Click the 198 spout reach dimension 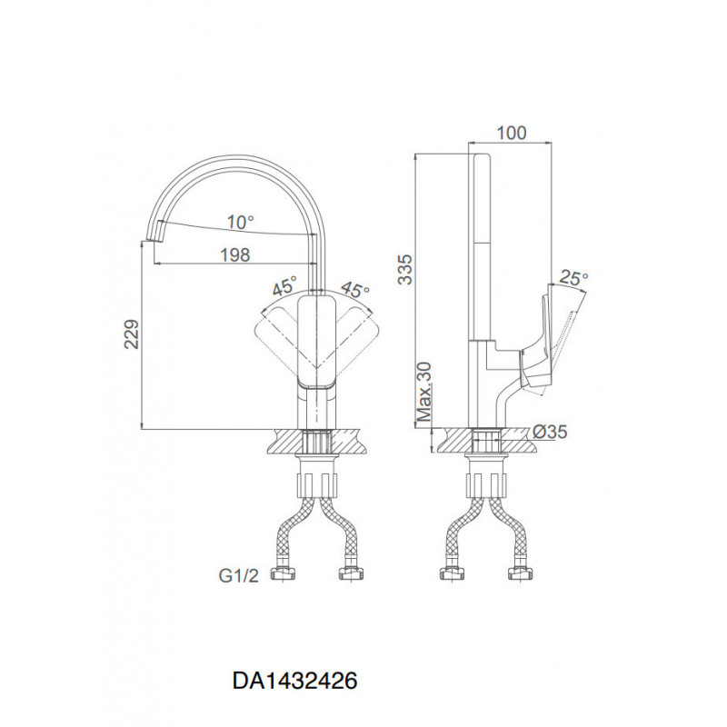pos(235,255)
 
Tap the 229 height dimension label pos(132,334)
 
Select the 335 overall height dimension pos(404,269)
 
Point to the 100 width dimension pos(512,133)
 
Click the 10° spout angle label pos(241,223)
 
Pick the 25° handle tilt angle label pos(573,278)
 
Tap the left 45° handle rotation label pos(284,286)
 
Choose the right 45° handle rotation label pos(355,290)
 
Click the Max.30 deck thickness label pos(424,392)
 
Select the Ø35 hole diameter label pos(550,433)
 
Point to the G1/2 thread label pos(239,576)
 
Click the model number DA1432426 pos(294,681)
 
